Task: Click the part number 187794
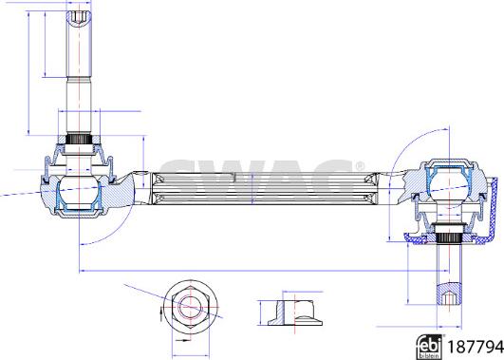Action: [476, 347]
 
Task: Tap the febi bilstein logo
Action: [429, 347]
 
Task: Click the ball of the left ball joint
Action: [79, 192]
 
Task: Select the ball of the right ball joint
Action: [449, 185]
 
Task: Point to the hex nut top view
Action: [190, 307]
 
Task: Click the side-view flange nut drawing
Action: [295, 313]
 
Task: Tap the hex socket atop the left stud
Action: [78, 17]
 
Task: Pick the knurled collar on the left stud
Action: [79, 140]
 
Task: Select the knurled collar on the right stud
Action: [449, 238]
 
